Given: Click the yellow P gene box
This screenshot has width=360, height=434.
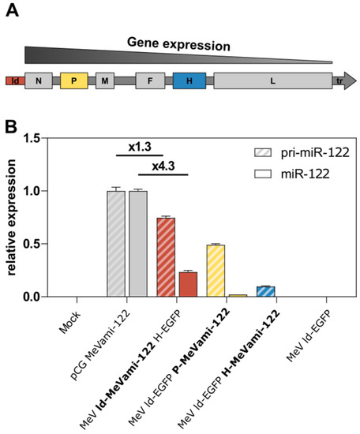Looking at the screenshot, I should point(73,81).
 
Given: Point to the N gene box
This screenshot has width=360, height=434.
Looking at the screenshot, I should point(39,81).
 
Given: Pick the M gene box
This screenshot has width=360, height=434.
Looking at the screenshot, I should point(105,81).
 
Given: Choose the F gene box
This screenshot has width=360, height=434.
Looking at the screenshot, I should point(149,81).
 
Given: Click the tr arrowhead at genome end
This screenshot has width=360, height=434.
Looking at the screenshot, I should point(345,81).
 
